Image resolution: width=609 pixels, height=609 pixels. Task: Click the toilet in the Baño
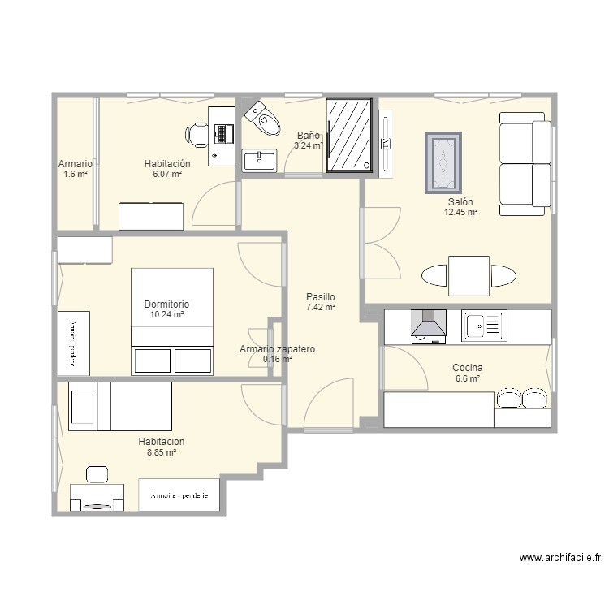point(261,118)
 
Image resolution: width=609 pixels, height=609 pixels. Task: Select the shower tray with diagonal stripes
point(351,136)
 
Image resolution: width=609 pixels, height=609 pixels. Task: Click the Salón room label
point(460,202)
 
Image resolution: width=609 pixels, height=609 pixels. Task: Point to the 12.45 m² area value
point(460,213)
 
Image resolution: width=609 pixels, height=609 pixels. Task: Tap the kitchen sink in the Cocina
point(485,327)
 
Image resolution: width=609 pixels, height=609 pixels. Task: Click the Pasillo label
point(321,297)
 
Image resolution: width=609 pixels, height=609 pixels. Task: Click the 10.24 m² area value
point(166,315)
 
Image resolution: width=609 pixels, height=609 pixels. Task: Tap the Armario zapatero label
point(277,349)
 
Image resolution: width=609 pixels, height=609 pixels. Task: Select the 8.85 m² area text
point(161,453)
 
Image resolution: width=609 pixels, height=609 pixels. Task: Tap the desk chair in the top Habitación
point(197,136)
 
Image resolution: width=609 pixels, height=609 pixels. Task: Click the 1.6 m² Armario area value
point(75,174)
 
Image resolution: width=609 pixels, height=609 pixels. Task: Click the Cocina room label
point(468,368)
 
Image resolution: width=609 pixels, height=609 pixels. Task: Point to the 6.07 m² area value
point(166,174)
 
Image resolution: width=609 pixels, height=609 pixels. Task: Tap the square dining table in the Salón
point(469,276)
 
